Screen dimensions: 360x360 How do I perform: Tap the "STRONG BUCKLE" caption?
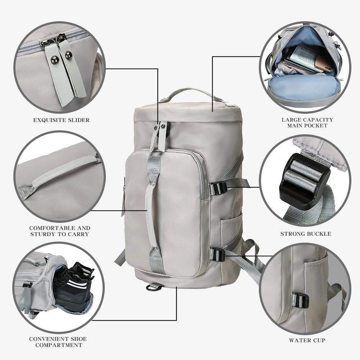[x=306, y=234]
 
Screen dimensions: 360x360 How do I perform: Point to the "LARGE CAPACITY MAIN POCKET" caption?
[x=307, y=122]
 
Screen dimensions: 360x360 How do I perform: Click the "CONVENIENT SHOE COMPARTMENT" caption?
[x=58, y=342]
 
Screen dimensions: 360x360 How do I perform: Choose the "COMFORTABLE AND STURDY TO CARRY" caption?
[x=60, y=231]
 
